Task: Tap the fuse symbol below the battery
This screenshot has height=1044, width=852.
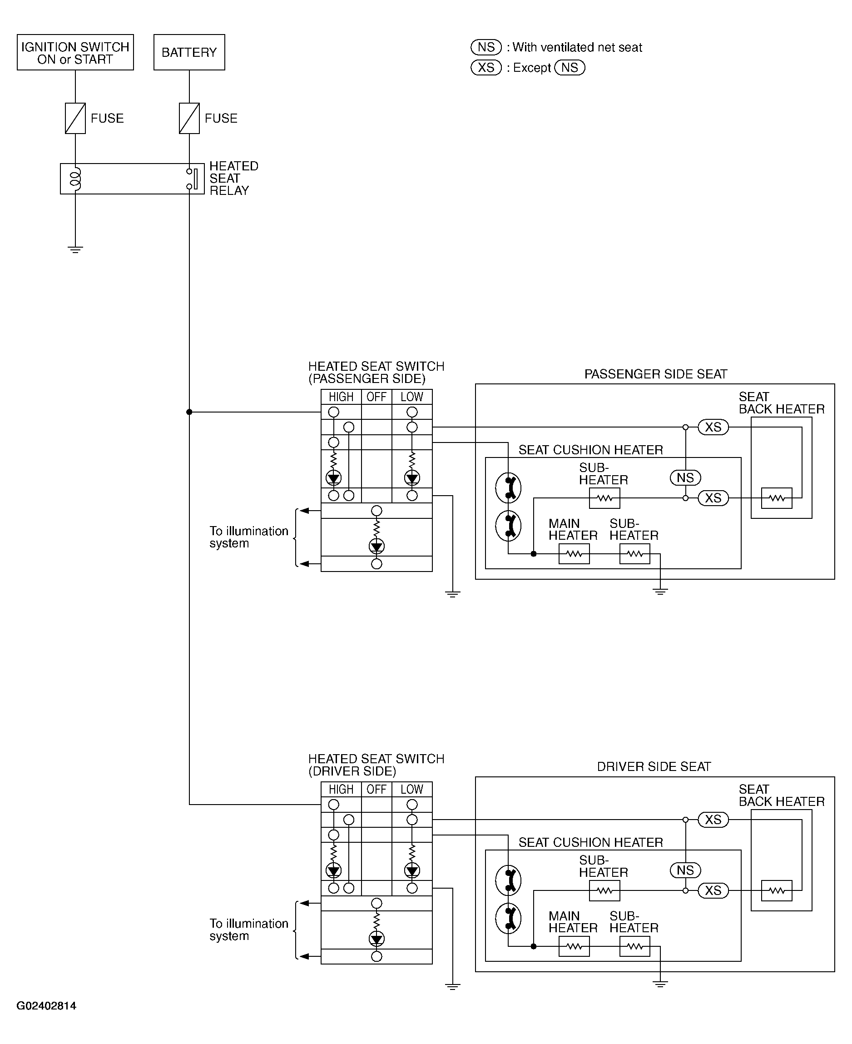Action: pyautogui.click(x=189, y=118)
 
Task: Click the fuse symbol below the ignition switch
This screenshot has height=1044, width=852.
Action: pyautogui.click(x=75, y=118)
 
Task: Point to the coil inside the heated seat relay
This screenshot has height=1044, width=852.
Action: pyautogui.click(x=75, y=179)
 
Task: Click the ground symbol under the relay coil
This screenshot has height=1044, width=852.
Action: pyautogui.click(x=75, y=249)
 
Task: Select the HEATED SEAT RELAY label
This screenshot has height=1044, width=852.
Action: pyautogui.click(x=233, y=178)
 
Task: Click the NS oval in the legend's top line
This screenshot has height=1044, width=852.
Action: pyautogui.click(x=486, y=47)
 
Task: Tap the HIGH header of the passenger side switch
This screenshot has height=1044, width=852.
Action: pyautogui.click(x=341, y=397)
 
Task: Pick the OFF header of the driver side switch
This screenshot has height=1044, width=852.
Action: pyautogui.click(x=376, y=789)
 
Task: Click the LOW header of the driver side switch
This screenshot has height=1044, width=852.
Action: pyautogui.click(x=412, y=789)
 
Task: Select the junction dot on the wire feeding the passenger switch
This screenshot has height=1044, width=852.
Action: pyautogui.click(x=189, y=412)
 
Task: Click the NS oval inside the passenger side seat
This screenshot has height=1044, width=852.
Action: pyautogui.click(x=685, y=477)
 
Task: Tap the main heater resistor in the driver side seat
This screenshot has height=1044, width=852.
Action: pyautogui.click(x=574, y=946)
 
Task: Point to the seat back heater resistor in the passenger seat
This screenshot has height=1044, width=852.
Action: pyautogui.click(x=777, y=498)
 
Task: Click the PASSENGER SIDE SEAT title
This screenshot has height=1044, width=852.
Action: pyautogui.click(x=656, y=374)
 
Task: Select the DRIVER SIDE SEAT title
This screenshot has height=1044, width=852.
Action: pyautogui.click(x=654, y=767)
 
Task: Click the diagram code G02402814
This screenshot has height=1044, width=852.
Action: pyautogui.click(x=46, y=1006)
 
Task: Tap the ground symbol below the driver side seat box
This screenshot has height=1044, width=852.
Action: pyautogui.click(x=660, y=984)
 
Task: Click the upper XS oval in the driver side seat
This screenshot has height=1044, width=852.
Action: pyautogui.click(x=713, y=820)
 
